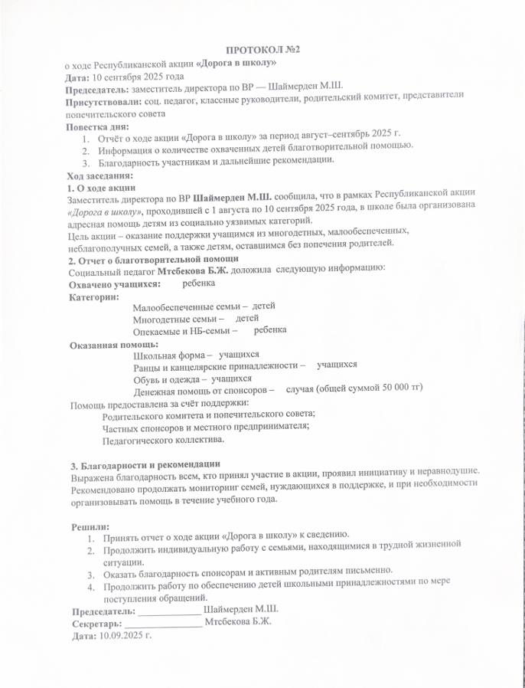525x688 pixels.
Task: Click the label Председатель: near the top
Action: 98,90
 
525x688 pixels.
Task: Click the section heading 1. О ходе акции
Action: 102,187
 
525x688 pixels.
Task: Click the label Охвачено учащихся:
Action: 115,283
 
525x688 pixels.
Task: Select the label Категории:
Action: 94,296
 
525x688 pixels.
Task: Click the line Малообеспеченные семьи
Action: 186,307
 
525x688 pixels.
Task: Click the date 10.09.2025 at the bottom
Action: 121,635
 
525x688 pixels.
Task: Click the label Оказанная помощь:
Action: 109,345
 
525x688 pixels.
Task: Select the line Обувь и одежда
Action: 170,378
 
